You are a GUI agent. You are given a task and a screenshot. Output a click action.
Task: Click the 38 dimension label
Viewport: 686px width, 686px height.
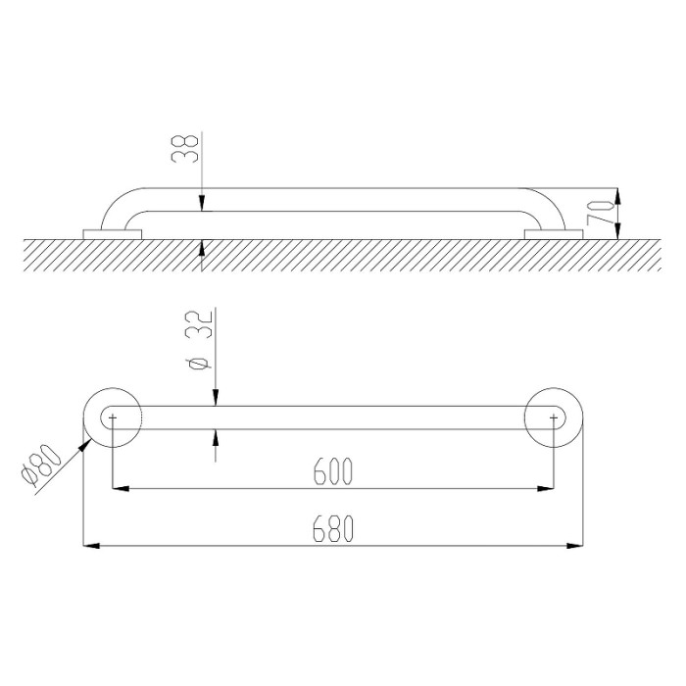[x=186, y=149]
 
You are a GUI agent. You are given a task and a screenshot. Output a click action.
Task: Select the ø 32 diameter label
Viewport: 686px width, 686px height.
[x=199, y=340]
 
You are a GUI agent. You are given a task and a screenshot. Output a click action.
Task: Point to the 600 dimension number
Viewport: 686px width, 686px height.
[x=333, y=471]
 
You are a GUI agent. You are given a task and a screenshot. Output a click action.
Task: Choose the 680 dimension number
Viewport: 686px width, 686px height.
[x=333, y=528]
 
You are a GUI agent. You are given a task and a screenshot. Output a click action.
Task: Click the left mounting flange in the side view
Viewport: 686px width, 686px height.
[x=113, y=234]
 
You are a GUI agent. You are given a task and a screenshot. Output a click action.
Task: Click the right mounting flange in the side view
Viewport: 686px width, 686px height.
[x=554, y=234]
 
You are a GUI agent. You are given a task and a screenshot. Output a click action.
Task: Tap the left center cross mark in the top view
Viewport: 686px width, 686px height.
[x=113, y=417]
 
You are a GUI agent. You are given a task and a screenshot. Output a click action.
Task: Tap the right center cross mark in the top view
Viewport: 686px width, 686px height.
[x=554, y=417]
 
